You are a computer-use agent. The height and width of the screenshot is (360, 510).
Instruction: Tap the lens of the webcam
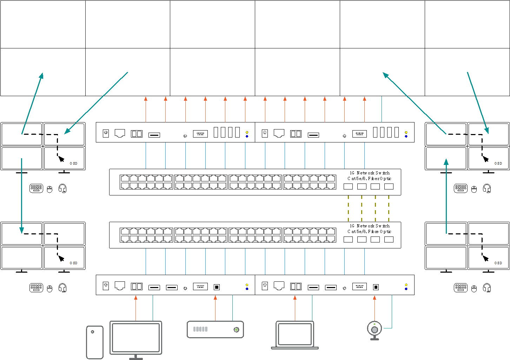[375, 330]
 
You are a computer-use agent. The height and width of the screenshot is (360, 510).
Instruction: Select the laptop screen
[295, 334]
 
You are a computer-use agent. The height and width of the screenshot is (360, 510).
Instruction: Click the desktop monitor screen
[136, 337]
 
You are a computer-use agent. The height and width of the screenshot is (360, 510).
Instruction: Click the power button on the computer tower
[93, 332]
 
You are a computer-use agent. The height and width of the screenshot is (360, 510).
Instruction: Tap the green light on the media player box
[236, 329]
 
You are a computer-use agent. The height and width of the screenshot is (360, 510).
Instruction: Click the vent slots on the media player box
[200, 329]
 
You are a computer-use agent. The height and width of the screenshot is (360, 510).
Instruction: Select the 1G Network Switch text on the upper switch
[370, 173]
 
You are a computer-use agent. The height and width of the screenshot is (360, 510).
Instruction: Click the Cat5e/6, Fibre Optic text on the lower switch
[369, 232]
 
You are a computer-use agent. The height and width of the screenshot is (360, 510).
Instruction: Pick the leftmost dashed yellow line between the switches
[348, 209]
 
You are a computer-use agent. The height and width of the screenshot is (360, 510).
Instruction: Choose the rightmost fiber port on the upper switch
[389, 186]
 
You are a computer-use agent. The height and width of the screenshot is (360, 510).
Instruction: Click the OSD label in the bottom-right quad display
[498, 263]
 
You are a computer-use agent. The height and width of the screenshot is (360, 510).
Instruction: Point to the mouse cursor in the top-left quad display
[61, 159]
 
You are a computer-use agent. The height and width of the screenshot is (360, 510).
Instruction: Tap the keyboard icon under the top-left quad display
[36, 188]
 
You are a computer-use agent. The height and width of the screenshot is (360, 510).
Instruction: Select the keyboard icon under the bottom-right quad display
[461, 287]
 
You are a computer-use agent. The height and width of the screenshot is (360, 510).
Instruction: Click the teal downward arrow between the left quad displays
[22, 196]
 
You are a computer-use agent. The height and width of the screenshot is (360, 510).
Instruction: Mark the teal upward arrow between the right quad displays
[446, 196]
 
